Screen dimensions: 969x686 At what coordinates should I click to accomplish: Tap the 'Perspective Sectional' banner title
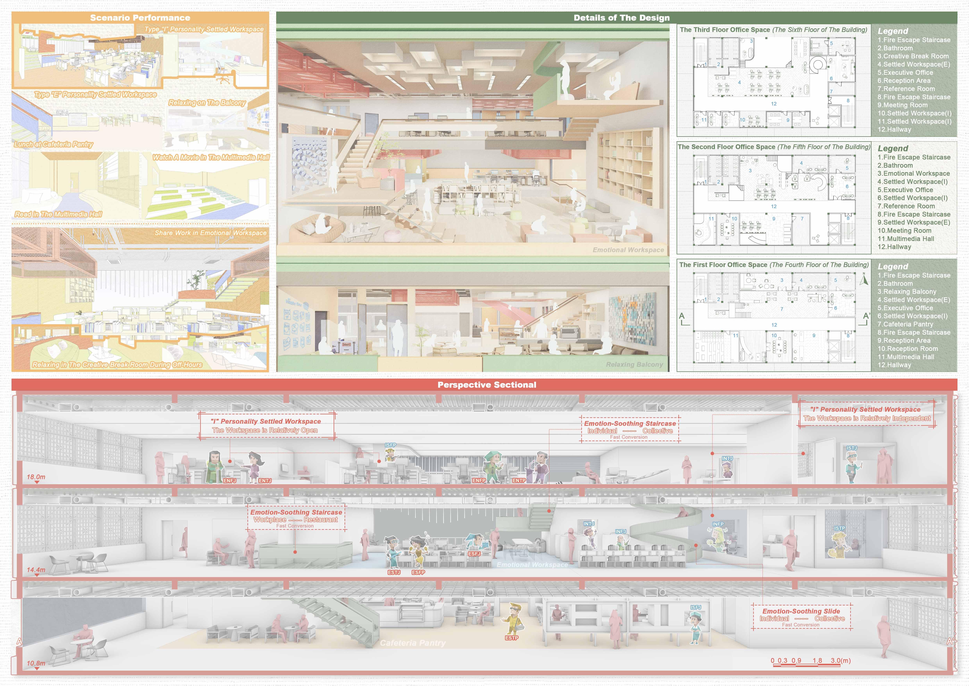[487, 385]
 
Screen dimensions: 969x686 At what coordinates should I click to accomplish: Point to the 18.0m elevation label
[36, 477]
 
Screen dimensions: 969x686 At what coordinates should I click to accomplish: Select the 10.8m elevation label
[36, 663]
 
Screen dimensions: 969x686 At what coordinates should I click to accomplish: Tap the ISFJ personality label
[696, 607]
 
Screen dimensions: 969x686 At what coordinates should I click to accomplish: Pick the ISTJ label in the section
[851, 448]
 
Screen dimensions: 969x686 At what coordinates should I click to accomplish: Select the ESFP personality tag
[418, 572]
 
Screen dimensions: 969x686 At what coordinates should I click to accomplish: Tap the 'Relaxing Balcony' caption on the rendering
[634, 365]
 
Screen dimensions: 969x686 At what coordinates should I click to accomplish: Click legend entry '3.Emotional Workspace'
[913, 174]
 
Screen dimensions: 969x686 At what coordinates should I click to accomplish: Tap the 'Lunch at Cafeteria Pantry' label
[54, 145]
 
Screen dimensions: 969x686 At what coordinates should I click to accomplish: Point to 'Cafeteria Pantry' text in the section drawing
[412, 643]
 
